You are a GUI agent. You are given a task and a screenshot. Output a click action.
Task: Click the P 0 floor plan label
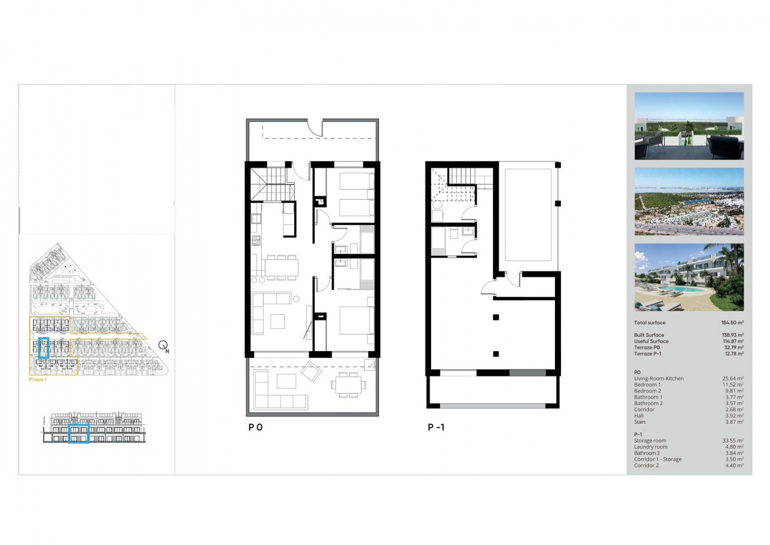pos(255,427)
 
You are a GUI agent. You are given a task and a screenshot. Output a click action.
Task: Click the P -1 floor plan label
pos(436,427)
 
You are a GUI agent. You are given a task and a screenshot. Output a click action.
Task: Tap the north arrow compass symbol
pos(163,346)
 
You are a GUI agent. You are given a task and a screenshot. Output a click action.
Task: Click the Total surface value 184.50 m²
pos(732,323)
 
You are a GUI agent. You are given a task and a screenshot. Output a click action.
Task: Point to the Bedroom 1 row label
pos(647,385)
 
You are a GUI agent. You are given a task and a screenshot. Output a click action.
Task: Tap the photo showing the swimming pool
pos(689,277)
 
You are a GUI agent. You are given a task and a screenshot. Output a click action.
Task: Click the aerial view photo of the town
pos(689,201)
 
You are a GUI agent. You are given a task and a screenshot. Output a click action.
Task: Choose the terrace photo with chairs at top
pos(689,126)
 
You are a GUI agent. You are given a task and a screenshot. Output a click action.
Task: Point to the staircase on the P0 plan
pos(270,184)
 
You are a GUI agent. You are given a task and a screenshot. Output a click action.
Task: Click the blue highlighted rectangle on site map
pos(44,348)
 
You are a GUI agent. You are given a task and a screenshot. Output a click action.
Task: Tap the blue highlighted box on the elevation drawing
pos(79,434)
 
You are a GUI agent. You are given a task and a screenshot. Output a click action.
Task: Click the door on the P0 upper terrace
pos(315,128)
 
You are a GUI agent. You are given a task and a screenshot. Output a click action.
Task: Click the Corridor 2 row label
pos(646,466)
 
